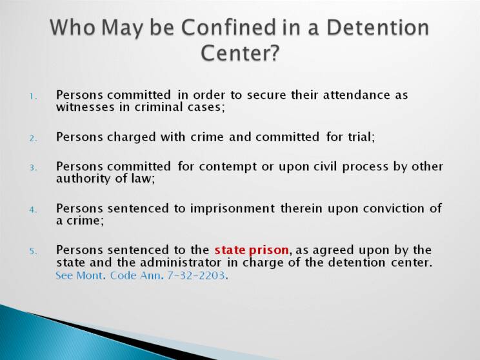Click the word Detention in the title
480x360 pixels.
coord(378,27)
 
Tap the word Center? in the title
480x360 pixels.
coord(240,53)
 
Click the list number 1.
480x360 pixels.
coord(33,97)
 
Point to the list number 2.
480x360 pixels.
coord(33,138)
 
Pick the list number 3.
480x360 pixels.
coord(33,168)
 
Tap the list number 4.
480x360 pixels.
coord(33,210)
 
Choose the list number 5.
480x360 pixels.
coord(33,252)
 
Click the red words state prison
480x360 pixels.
coord(252,250)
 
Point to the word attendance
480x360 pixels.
coord(357,95)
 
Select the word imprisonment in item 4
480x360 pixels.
coord(233,209)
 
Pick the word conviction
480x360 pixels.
coord(394,208)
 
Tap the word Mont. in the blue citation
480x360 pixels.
coord(91,275)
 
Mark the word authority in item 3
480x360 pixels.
coord(83,179)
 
